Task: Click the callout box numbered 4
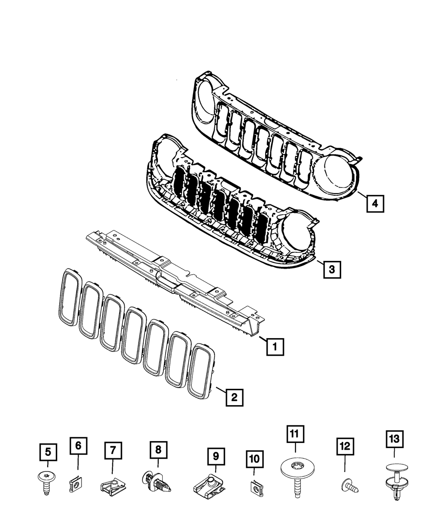tap(375, 203)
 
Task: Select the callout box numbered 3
tap(332, 269)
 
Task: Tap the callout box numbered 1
tap(275, 346)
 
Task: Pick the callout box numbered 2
tap(234, 397)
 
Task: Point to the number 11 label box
tap(295, 434)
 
